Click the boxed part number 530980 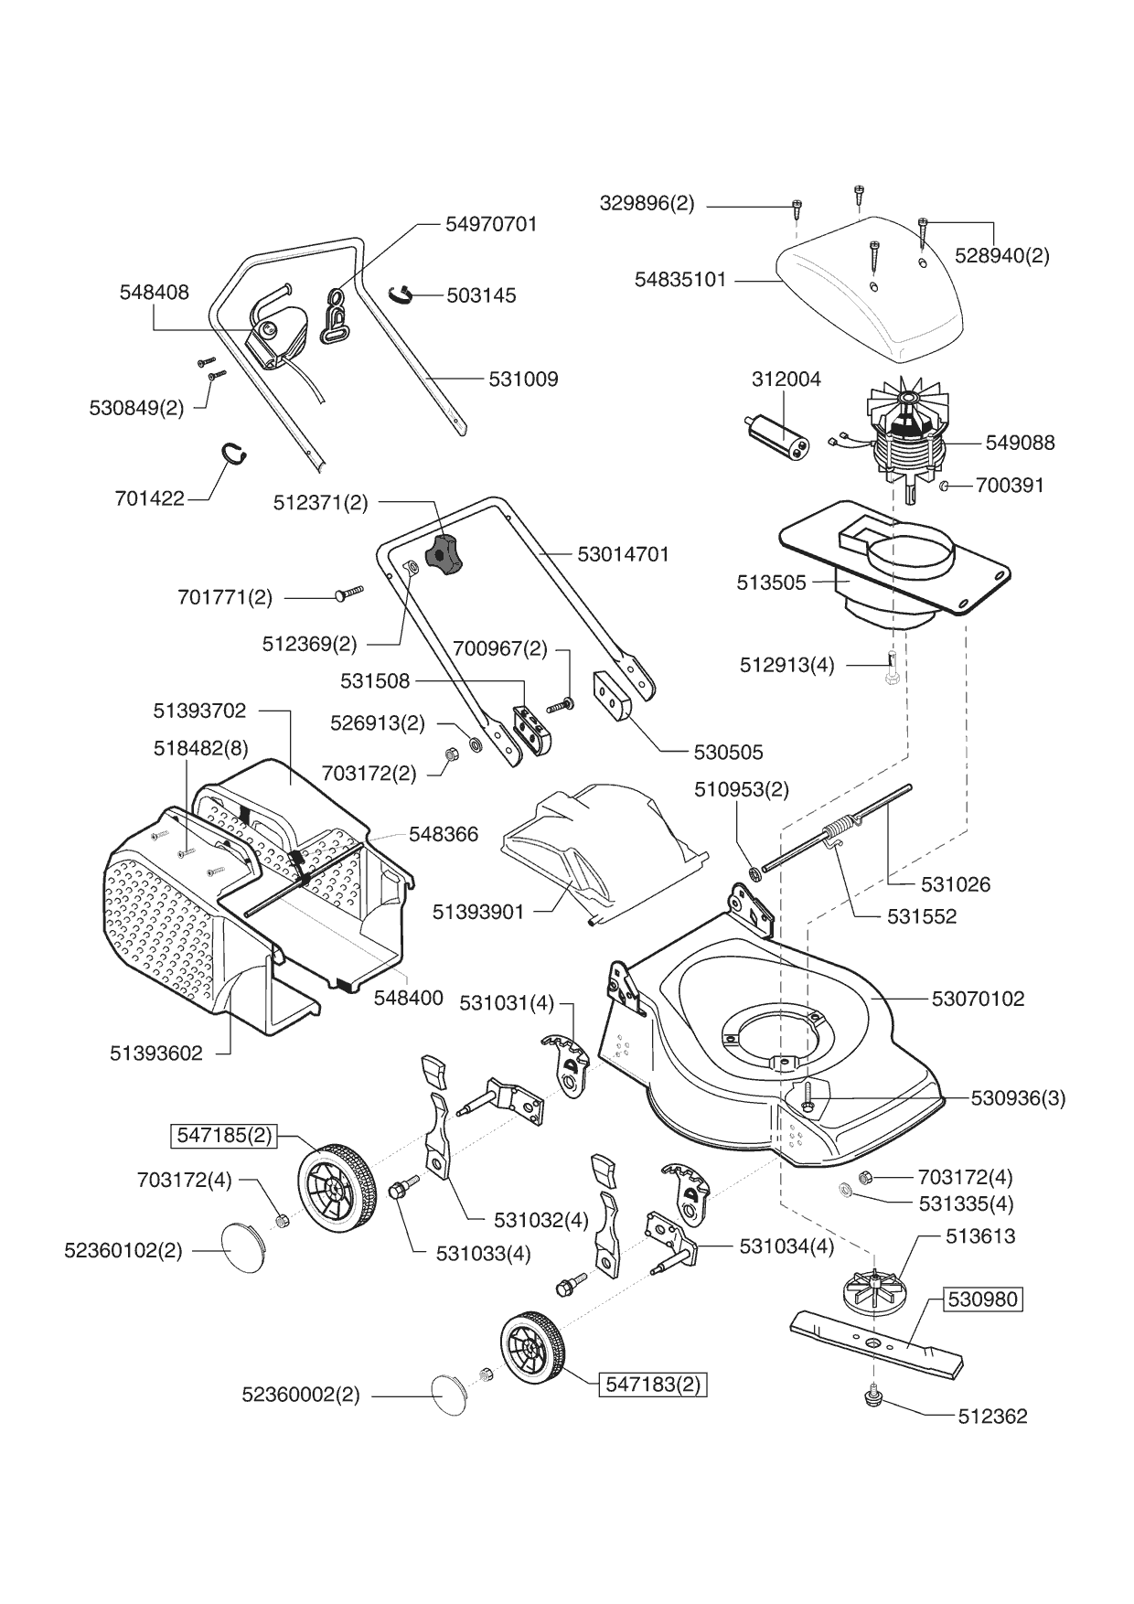981,1299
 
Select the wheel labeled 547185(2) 336,1186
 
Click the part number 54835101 680,280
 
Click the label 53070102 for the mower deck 978,999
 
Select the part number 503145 481,295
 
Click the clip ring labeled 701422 237,454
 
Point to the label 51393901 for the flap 478,912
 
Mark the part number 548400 408,998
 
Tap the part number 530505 728,753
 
